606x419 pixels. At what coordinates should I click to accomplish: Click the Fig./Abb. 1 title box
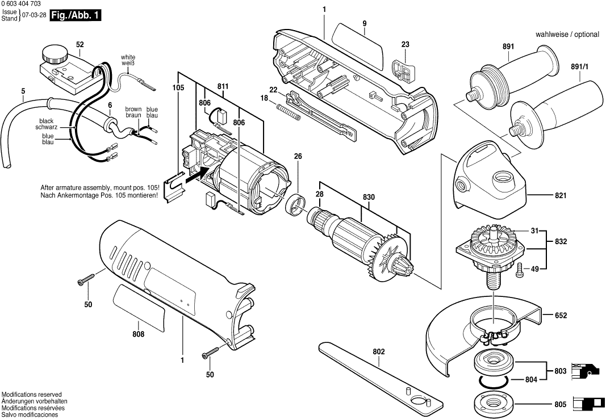pyautogui.click(x=76, y=16)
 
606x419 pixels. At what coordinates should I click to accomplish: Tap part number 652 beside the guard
pyautogui.click(x=561, y=315)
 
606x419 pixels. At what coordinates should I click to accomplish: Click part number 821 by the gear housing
pyautogui.click(x=561, y=195)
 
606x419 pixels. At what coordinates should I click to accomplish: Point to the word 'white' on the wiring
pyautogui.click(x=128, y=57)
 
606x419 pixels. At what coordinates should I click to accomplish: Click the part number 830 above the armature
pyautogui.click(x=369, y=196)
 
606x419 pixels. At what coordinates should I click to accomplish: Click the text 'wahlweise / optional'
pyautogui.click(x=567, y=35)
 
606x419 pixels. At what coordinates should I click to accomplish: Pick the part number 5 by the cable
pyautogui.click(x=23, y=91)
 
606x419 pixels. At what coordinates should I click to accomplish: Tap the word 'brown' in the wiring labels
pyautogui.click(x=133, y=109)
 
